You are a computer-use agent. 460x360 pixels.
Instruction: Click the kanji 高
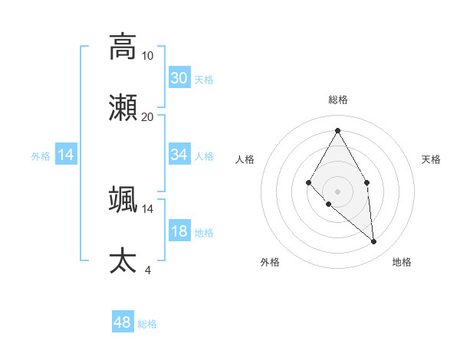pos(123,46)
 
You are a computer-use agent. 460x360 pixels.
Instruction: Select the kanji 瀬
pos(123,107)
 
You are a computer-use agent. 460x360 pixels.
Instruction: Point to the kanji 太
pos(123,260)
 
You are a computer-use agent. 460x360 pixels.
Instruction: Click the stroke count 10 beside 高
pos(148,55)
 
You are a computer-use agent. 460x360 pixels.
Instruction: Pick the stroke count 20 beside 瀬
pos(148,116)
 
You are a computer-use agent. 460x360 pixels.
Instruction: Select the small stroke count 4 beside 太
pos(148,270)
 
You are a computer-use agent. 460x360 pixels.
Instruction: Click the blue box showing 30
pos(179,78)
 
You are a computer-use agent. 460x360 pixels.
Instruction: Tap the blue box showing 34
pos(179,155)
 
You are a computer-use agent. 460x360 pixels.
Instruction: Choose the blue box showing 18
pos(179,231)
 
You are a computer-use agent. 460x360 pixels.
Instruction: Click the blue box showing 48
pos(122,322)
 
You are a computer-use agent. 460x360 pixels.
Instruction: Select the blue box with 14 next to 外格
pos(66,155)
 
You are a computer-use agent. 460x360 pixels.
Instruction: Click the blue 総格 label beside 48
pos(147,324)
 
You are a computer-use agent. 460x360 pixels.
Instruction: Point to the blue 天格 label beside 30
pos(204,80)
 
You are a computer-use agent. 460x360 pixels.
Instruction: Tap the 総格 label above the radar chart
pos(338,100)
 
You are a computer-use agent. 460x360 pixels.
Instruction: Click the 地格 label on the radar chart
pos(402,262)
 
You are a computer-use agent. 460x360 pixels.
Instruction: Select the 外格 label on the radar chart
pos(270,262)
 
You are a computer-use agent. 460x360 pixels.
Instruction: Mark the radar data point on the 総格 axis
pos(337,130)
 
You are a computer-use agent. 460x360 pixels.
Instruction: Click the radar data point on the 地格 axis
pos(373,241)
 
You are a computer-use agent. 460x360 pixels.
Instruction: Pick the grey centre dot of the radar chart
pos(337,191)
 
